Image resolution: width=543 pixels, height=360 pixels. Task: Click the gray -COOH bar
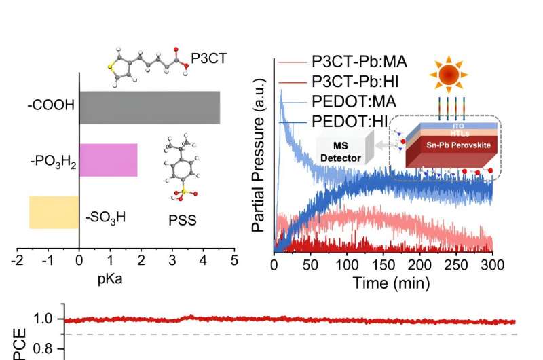(x=149, y=107)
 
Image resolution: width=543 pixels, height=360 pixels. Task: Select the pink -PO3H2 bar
(x=109, y=160)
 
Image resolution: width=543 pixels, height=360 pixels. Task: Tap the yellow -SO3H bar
(x=54, y=212)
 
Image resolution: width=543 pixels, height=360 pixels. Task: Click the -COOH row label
(x=51, y=108)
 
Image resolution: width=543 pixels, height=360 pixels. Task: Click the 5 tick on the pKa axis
(x=234, y=260)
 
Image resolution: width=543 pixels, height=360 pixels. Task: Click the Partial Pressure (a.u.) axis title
(x=259, y=156)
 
